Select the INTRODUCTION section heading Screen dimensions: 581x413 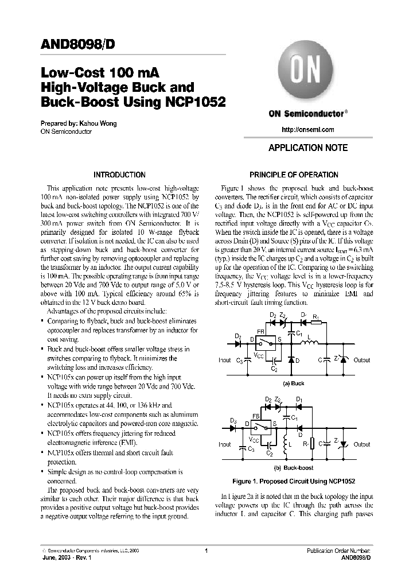coord(120,175)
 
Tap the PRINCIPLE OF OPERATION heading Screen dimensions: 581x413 coord(294,175)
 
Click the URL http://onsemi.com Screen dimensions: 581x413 coord(308,130)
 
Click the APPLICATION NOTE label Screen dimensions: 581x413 coord(308,148)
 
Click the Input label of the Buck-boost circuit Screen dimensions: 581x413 coord(224,444)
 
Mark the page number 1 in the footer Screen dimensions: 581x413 coord(206,551)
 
